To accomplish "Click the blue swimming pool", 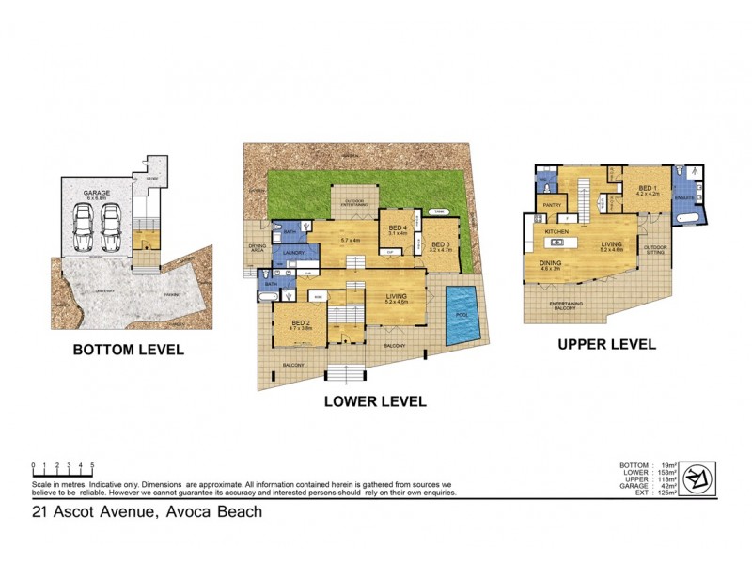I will [462, 314].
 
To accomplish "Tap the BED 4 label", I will [399, 228].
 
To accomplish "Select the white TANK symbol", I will [439, 212].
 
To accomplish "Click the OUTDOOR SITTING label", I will [654, 250].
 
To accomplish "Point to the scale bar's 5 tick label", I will [92, 465].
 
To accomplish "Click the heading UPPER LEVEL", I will [606, 344].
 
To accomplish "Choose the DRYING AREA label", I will [257, 249].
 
